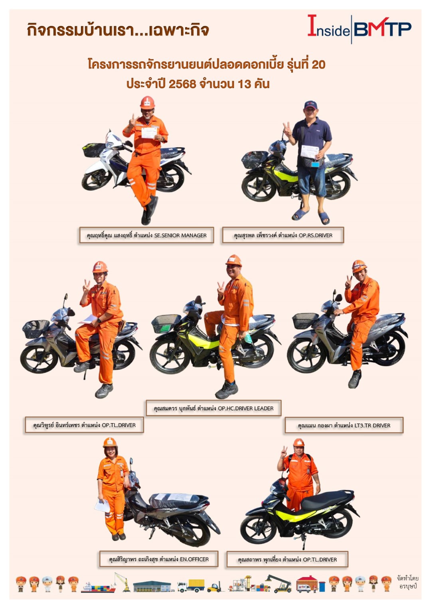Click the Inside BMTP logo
point(359,28)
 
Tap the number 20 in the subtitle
point(318,65)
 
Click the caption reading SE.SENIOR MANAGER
point(146,235)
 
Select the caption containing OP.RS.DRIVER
point(283,235)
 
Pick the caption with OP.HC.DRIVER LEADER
point(214,408)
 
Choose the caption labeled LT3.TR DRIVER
point(344,425)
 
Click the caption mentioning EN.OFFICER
point(159,559)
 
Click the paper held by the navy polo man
point(310,152)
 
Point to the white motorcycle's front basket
point(94,150)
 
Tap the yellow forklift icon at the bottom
point(214,588)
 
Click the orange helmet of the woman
point(110,443)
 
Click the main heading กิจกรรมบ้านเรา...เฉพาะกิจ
point(118,30)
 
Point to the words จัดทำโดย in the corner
point(407,578)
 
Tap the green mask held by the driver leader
point(248,338)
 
